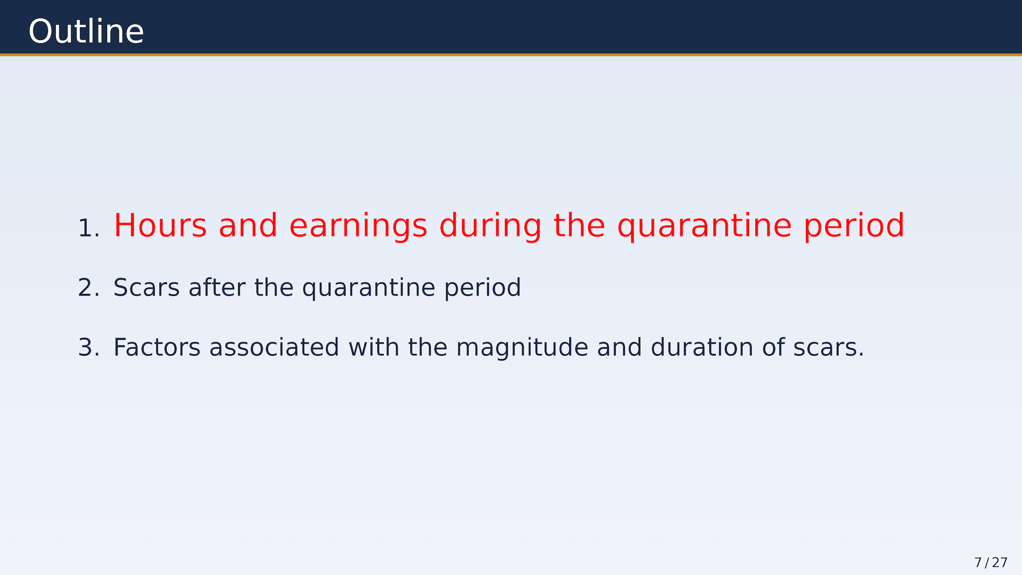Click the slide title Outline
point(86,31)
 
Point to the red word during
point(491,226)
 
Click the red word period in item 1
point(854,226)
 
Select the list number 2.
point(88,288)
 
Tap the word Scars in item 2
point(147,287)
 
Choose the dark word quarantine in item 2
point(368,288)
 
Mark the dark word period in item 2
point(482,288)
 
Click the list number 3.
point(88,348)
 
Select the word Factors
point(157,348)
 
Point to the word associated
point(274,347)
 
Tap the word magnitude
point(522,348)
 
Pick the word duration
point(702,347)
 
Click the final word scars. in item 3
point(828,348)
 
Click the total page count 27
point(1000,563)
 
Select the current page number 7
point(978,563)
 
